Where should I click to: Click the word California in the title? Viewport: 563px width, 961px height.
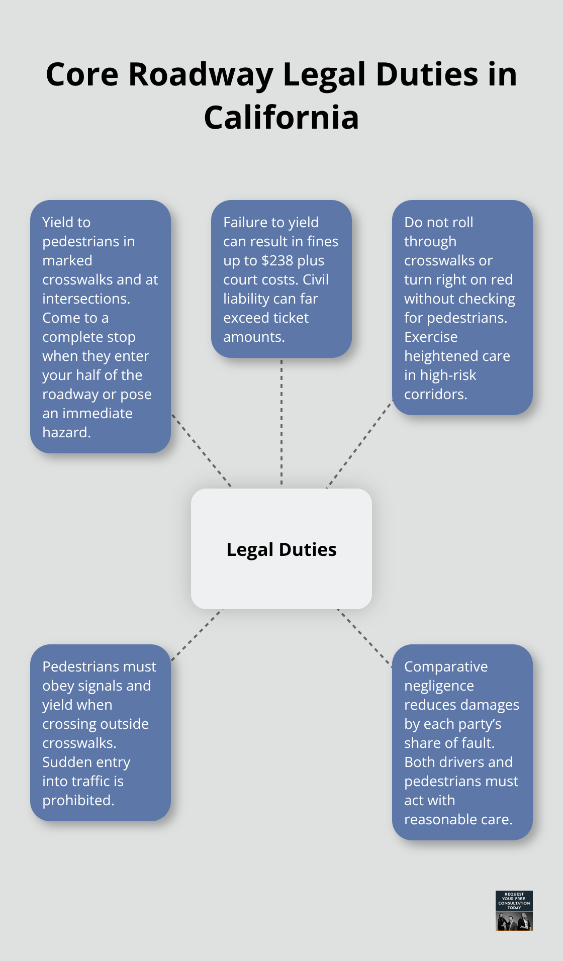coord(281,118)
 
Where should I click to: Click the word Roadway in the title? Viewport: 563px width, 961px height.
coord(201,74)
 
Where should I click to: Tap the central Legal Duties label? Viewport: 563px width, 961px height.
coord(281,549)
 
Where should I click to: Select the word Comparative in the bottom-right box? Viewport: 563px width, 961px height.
coord(446,666)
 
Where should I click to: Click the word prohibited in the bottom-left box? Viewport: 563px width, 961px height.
coord(77,800)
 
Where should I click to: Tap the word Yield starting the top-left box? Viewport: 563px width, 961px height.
coord(57,222)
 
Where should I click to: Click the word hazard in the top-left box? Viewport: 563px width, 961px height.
coord(65,432)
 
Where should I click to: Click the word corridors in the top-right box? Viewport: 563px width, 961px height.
coord(435,394)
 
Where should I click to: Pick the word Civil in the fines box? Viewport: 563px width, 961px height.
coord(316,279)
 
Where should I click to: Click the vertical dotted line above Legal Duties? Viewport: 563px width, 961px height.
coord(281,422)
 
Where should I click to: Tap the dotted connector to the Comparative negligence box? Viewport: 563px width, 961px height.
coord(365,637)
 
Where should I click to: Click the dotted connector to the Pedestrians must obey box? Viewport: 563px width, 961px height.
coord(197,635)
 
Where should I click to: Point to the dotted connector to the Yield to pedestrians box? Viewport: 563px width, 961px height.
coord(201,450)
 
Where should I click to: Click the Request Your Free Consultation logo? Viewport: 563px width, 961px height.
coord(514,910)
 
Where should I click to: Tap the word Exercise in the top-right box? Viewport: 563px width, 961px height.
coord(431,337)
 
